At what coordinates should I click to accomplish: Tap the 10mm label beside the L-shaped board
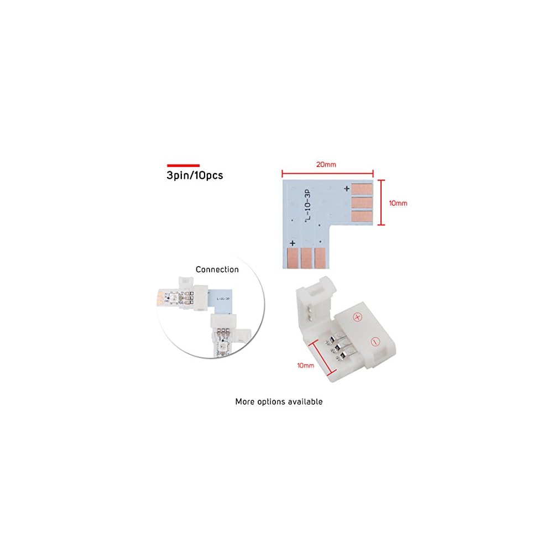pos(398,203)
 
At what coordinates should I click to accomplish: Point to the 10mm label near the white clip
pos(305,365)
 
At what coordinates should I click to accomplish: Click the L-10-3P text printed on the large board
pos(307,206)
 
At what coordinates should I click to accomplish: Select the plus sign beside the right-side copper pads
pos(347,189)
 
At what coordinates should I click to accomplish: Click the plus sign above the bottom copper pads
pos(293,243)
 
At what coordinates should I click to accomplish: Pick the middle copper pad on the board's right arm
pos(362,202)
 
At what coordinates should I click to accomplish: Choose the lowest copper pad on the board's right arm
pos(362,216)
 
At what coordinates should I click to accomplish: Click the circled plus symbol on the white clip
pos(357,317)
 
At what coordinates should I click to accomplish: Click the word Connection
pos(217,270)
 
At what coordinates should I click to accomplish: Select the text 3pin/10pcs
pos(195,175)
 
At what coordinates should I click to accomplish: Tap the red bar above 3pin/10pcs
pos(183,165)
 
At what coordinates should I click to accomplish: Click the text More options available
pos(279,401)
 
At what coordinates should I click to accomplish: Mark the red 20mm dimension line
pos(327,173)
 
